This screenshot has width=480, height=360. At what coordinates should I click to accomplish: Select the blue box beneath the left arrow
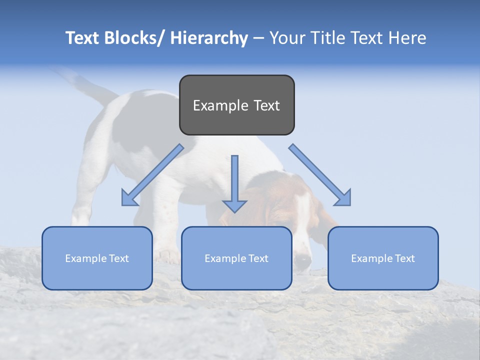97,258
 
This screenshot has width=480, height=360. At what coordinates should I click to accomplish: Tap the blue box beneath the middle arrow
236,258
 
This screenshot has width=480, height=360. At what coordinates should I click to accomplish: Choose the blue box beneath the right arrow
383,258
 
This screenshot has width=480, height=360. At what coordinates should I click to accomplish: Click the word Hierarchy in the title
209,38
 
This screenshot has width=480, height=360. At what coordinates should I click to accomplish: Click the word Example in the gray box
220,105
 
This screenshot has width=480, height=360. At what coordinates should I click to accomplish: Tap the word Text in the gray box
266,105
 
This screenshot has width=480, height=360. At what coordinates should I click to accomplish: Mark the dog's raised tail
80,82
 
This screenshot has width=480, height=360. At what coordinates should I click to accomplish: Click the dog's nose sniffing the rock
302,259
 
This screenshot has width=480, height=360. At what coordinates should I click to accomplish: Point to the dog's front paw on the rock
167,256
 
